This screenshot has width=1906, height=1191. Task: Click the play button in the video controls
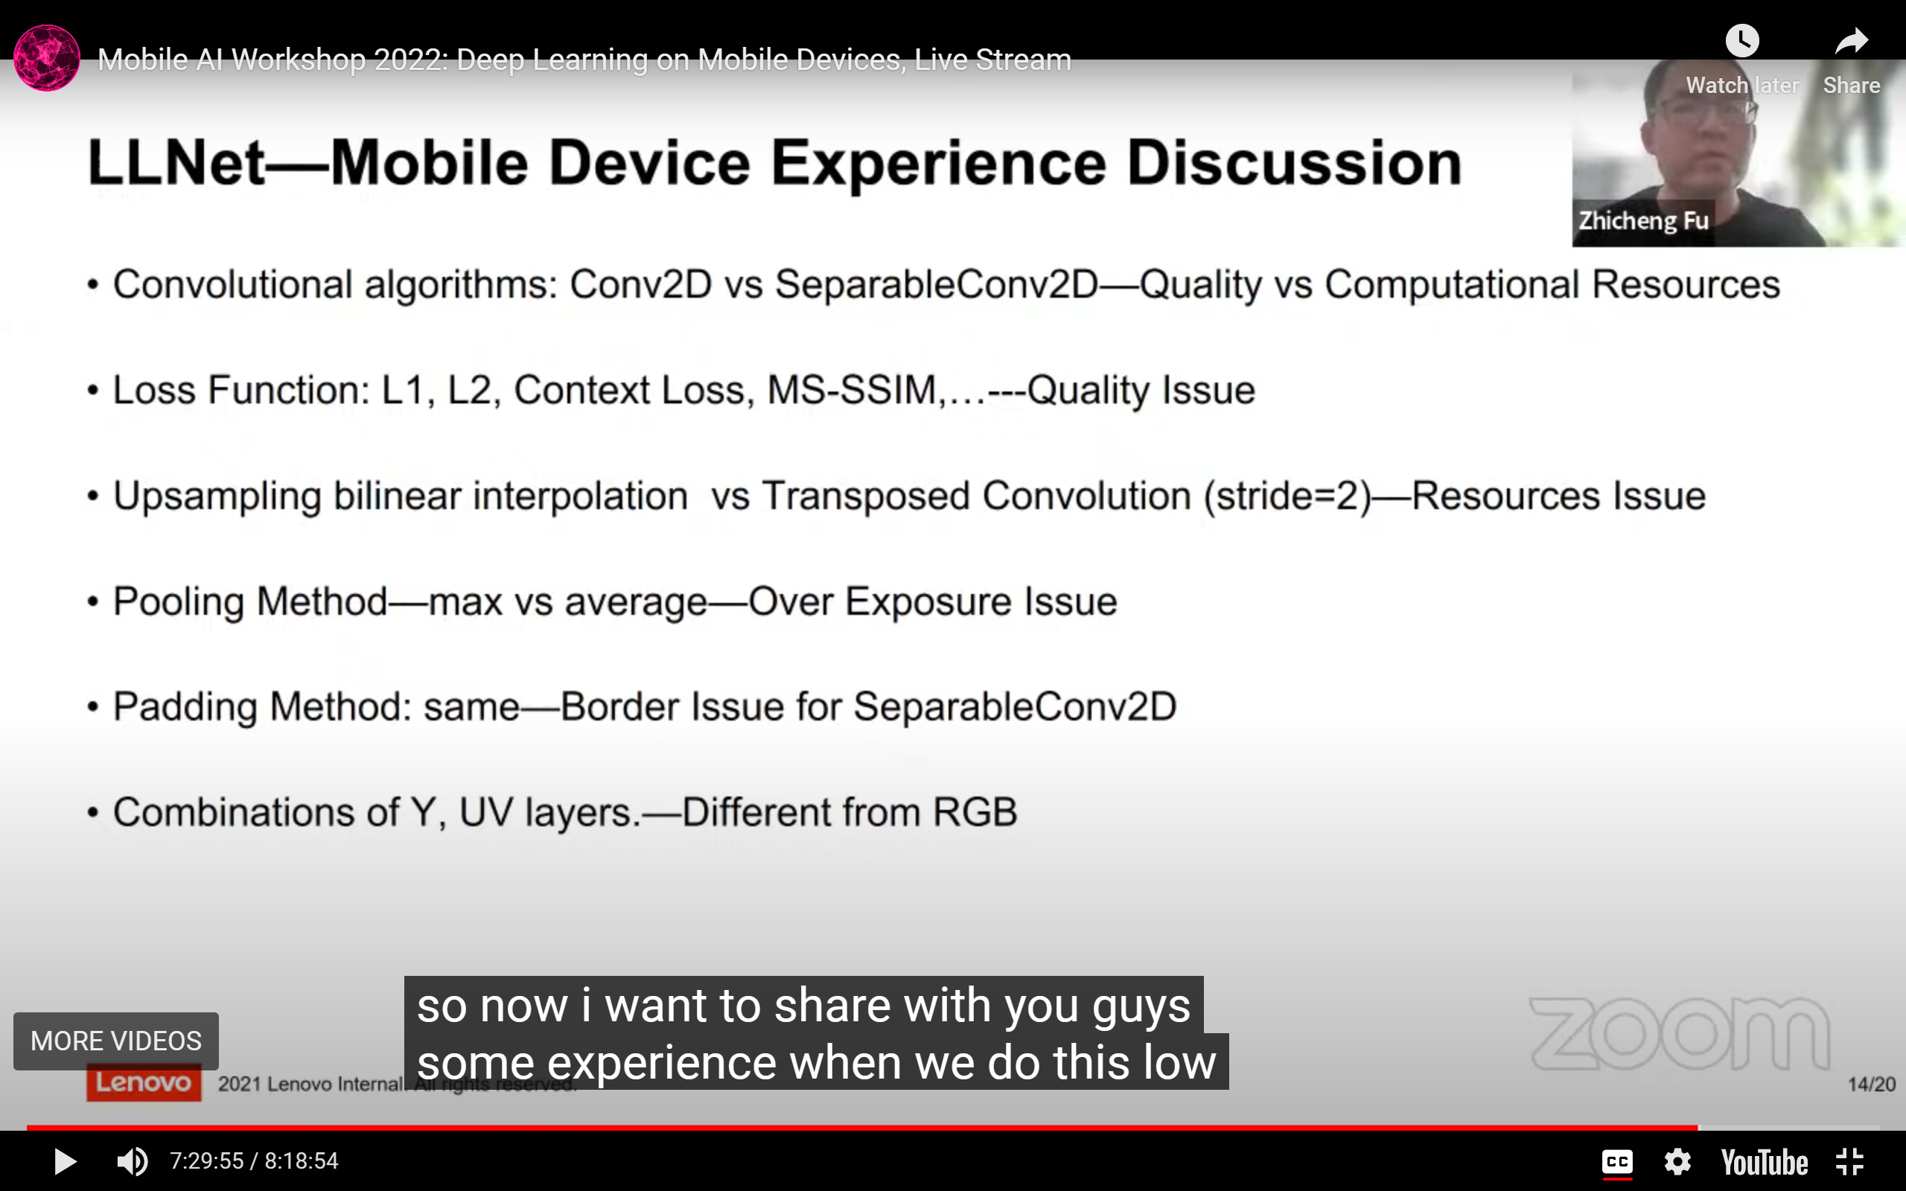(65, 1161)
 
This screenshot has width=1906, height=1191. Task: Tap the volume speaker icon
(132, 1161)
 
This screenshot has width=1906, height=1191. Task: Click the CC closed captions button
(1617, 1162)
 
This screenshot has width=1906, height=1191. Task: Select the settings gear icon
(1677, 1162)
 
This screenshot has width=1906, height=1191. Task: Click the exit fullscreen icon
(1849, 1162)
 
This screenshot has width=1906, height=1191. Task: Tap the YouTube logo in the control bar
(1765, 1162)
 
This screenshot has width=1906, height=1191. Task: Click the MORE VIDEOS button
(116, 1041)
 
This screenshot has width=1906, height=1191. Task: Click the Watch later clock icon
(1742, 40)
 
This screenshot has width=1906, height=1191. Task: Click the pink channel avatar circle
(46, 58)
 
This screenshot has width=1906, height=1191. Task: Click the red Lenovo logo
(144, 1082)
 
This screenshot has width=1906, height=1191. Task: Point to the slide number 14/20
(1871, 1085)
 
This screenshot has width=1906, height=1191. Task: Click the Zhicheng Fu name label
(1644, 220)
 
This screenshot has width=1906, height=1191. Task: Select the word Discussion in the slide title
(1294, 163)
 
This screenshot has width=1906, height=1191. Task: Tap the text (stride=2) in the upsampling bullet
(1288, 496)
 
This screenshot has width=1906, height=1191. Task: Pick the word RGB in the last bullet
(975, 812)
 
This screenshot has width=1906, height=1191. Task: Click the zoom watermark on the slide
(1679, 1033)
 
